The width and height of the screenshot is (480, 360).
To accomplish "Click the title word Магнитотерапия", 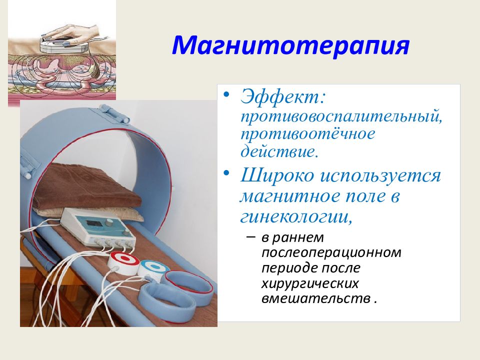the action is coord(290,45).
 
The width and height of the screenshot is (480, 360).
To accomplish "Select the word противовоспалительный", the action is coord(341,116).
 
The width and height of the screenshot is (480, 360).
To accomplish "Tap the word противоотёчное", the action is coord(307,134).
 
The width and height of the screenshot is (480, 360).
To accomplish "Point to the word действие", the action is coord(278,151).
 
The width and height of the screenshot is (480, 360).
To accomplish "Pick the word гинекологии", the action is coord(295,216).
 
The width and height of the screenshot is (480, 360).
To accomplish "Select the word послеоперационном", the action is coord(331,253).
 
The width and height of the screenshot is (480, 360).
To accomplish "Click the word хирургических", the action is coord(310,284).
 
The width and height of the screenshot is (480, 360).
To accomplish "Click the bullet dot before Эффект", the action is coord(226,93).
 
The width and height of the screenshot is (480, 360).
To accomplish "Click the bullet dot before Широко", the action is coord(226,172).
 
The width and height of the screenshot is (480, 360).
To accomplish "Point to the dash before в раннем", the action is coord(250,237).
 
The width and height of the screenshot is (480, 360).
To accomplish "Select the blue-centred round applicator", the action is coord(153,268).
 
